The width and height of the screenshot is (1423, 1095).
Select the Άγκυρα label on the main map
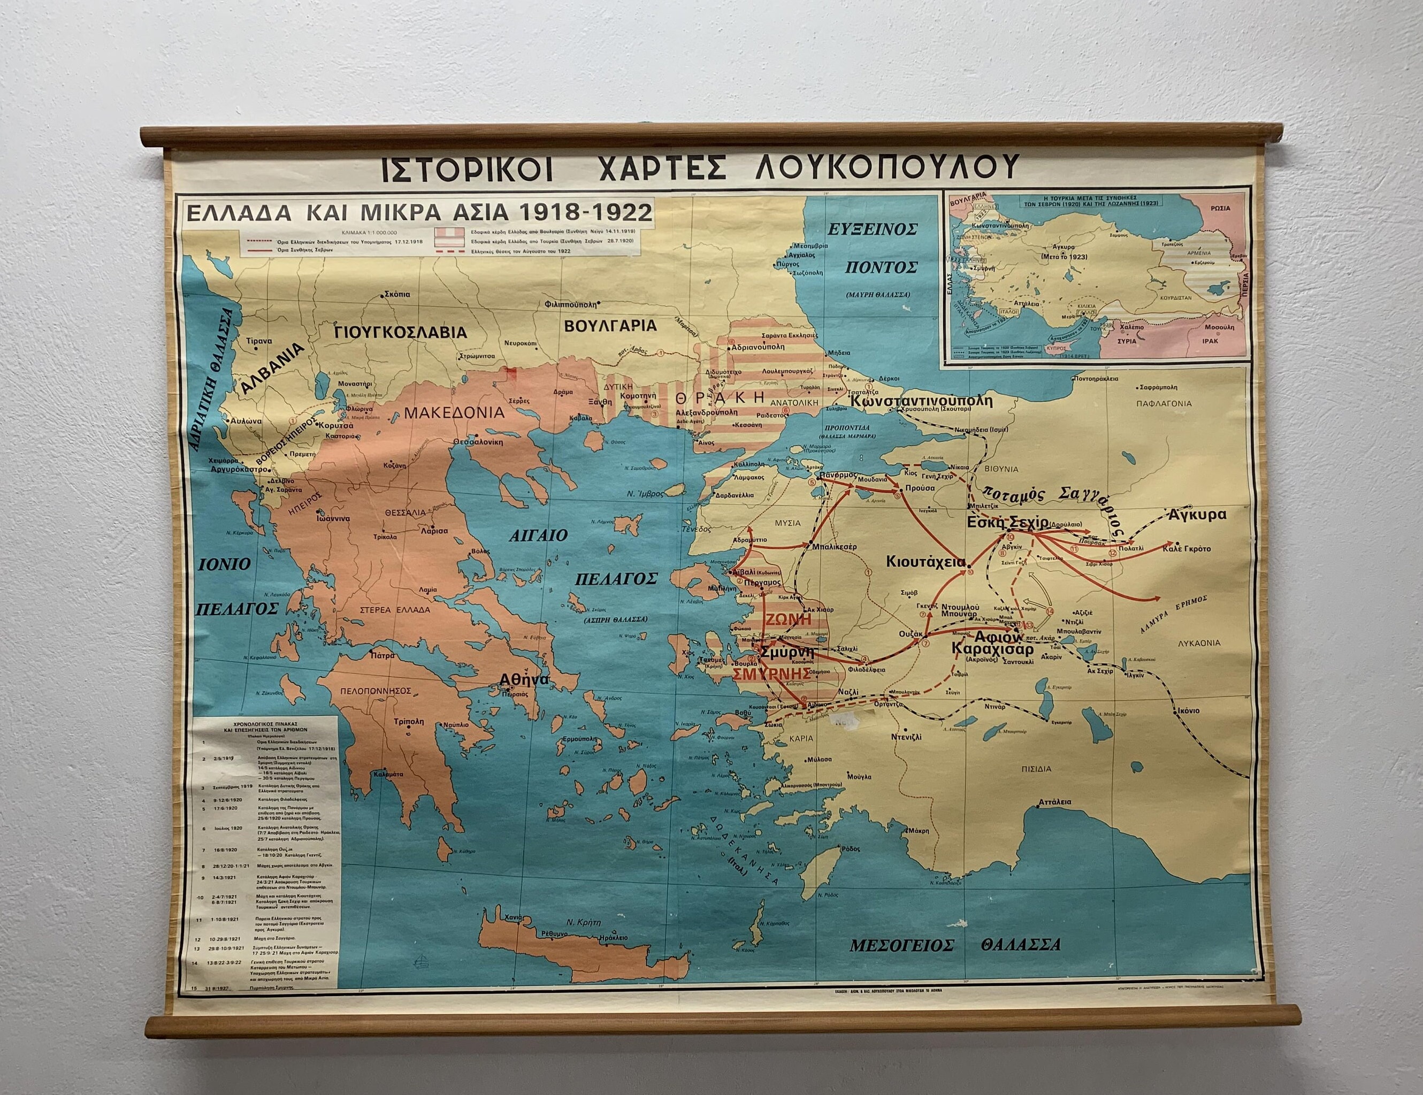click(1198, 515)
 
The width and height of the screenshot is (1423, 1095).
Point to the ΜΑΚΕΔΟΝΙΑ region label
click(454, 413)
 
